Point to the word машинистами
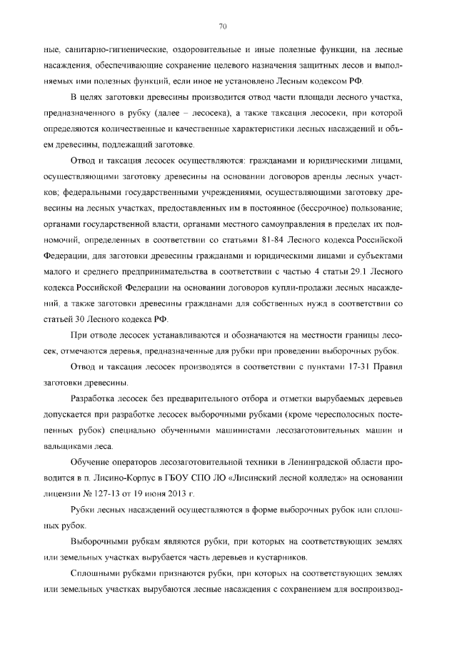pyautogui.click(x=209, y=431)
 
